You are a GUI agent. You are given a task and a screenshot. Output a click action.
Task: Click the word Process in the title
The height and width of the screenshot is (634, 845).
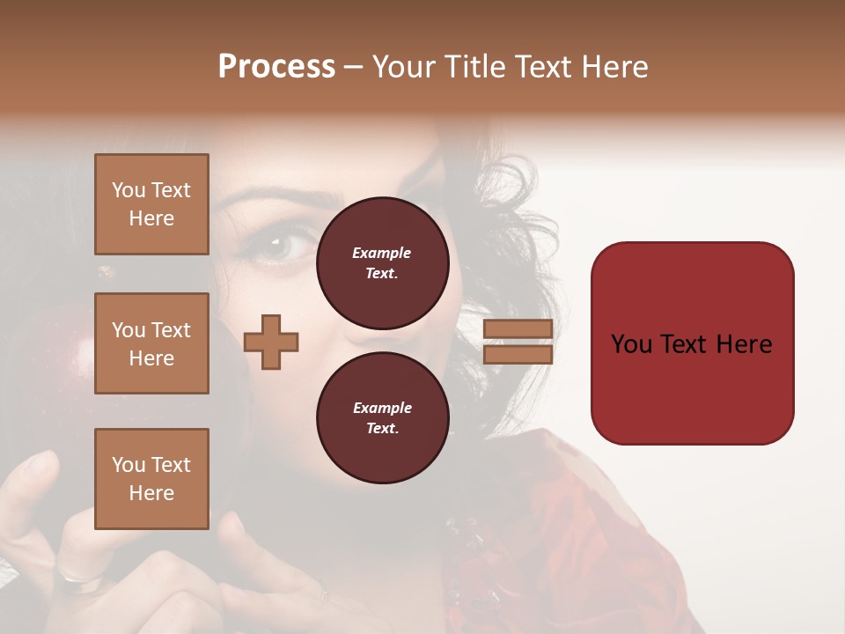click(x=276, y=67)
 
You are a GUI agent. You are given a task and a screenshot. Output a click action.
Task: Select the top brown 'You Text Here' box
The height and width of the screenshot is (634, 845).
click(x=151, y=204)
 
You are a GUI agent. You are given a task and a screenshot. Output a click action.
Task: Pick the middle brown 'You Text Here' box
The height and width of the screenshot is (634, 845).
click(x=151, y=343)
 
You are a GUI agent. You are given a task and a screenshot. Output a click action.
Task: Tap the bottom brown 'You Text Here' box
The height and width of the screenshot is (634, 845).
click(x=151, y=478)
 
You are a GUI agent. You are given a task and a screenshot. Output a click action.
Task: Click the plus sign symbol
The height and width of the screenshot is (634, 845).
click(x=271, y=342)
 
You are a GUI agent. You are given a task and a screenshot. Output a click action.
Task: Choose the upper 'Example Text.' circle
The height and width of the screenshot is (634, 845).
click(x=382, y=263)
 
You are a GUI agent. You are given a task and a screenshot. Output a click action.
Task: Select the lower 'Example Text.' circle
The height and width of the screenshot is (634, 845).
click(x=382, y=418)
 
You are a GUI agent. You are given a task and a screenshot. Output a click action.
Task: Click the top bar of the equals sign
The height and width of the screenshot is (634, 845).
click(x=518, y=329)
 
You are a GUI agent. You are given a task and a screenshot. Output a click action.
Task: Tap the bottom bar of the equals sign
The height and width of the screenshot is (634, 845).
click(x=518, y=354)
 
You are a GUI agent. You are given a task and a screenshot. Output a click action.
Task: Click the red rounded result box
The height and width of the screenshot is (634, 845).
click(x=692, y=343)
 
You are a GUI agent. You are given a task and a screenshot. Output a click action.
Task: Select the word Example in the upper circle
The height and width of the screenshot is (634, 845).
click(x=382, y=253)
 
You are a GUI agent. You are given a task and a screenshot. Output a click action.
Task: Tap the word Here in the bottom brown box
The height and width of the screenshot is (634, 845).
click(x=151, y=493)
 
